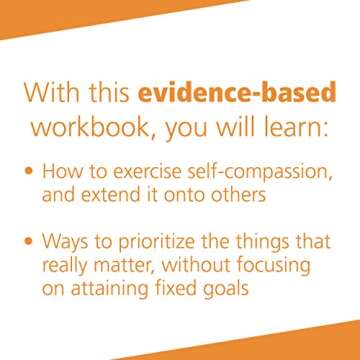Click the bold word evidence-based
click(x=251, y=96)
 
